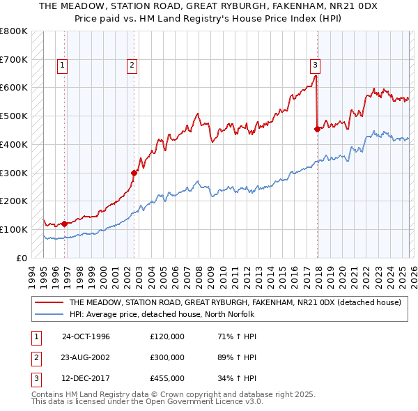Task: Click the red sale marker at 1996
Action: tap(64, 224)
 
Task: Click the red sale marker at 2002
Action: tap(134, 172)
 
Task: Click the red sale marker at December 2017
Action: tap(317, 128)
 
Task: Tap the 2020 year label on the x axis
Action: tap(341, 275)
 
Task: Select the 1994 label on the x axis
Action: tap(32, 275)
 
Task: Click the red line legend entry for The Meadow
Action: tap(235, 303)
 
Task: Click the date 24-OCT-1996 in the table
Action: tap(86, 336)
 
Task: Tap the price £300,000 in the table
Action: tap(167, 357)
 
